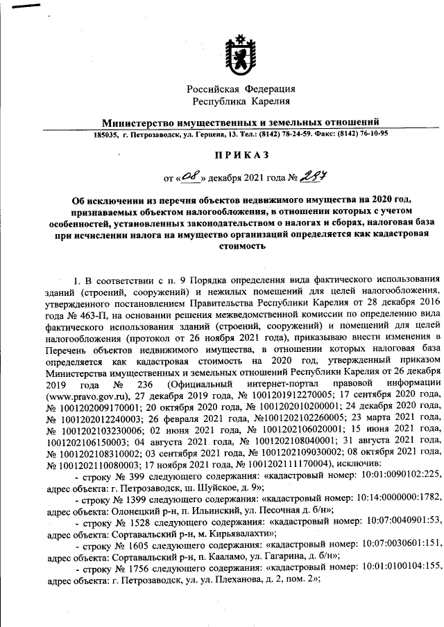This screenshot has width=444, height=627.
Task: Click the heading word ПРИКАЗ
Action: click(240, 153)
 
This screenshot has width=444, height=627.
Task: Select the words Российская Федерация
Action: click(241, 89)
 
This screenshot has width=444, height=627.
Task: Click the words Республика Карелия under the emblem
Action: click(241, 101)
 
